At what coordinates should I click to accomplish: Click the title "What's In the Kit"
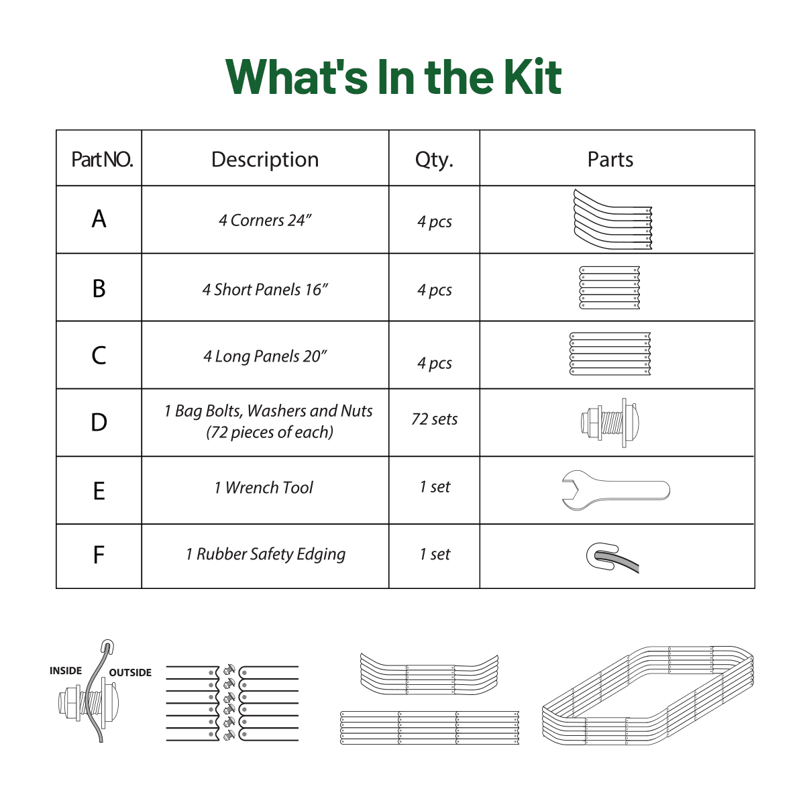tap(394, 77)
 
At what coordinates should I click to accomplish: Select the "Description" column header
tap(265, 160)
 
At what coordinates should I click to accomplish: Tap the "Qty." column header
tap(434, 160)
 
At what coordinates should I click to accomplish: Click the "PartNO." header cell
tap(102, 160)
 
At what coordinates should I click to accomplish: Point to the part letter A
tap(99, 219)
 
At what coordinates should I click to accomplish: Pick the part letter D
tap(99, 423)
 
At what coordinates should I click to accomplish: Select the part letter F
tap(99, 555)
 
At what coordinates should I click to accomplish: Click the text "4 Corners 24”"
tap(265, 221)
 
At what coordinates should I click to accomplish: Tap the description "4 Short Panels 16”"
tap(265, 290)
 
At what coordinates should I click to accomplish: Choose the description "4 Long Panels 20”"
tap(265, 356)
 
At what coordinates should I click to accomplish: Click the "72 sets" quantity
tap(434, 419)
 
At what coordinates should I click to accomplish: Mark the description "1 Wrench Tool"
tap(264, 488)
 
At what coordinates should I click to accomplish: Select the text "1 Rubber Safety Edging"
tap(266, 555)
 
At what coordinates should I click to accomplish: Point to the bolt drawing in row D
tap(610, 423)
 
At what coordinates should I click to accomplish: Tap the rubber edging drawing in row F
tap(612, 557)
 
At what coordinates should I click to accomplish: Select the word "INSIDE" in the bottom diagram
tap(66, 671)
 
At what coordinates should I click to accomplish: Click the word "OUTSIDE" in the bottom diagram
tap(130, 673)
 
